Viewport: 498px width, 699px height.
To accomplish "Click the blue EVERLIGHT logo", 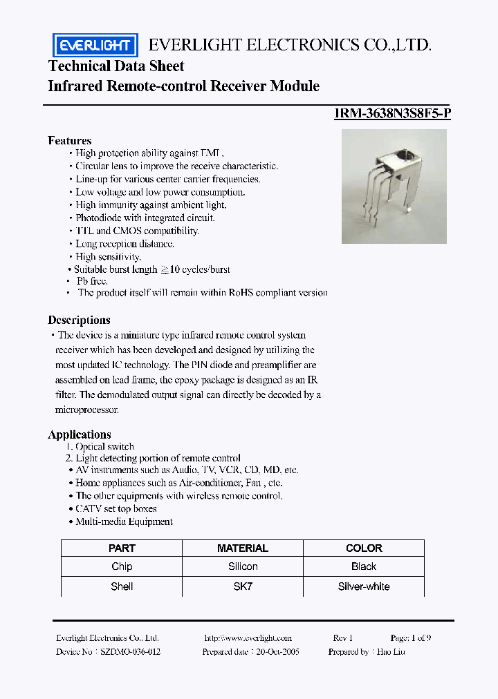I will click(95, 46).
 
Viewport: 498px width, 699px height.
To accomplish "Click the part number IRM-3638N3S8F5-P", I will click(392, 115).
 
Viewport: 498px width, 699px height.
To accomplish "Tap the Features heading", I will click(69, 140).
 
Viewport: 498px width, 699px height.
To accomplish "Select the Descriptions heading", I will click(79, 320).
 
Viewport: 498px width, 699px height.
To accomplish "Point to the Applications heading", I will click(79, 434).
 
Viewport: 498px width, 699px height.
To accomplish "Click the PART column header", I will click(122, 548).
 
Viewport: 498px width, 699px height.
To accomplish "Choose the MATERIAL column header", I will click(242, 548).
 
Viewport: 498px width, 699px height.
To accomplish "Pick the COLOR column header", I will click(363, 548).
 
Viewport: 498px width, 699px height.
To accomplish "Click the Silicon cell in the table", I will click(242, 566).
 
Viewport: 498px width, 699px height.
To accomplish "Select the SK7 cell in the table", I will click(242, 586).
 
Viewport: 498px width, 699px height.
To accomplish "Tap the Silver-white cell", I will click(363, 586).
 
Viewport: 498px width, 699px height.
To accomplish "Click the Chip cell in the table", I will click(122, 566).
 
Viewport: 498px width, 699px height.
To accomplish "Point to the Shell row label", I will click(122, 586).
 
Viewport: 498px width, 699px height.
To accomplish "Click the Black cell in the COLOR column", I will click(363, 566).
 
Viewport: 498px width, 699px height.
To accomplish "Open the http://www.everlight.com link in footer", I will click(248, 638).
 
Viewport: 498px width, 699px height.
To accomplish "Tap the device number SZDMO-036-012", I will click(131, 651).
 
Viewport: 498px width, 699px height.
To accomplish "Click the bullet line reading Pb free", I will click(91, 281).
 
